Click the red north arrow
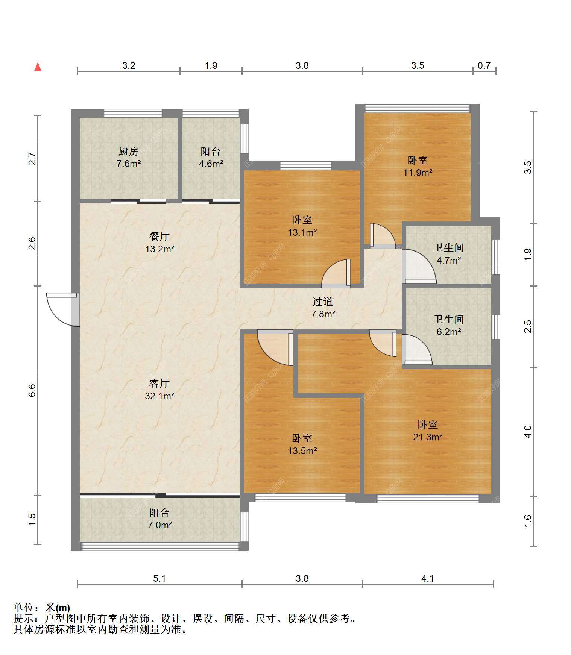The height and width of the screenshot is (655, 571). pos(38,67)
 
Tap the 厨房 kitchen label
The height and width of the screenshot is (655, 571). pos(128,152)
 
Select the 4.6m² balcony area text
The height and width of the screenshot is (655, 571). pos(211,164)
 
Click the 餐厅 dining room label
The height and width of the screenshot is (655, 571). pos(159,237)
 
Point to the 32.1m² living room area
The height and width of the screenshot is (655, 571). pos(159,396)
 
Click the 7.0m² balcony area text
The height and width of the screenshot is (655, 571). pos(160,525)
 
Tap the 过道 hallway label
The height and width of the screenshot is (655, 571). pos(323,302)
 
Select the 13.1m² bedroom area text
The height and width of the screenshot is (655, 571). pos(302,232)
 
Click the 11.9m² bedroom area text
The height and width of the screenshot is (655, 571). pos(418,173)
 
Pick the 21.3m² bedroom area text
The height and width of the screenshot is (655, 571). pos(428,437)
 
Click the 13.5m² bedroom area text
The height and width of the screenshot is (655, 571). pos(302,450)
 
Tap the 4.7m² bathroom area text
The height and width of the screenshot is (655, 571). pos(449,260)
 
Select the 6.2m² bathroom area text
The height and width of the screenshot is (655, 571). pos(449,332)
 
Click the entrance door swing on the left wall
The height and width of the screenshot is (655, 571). pos(63,309)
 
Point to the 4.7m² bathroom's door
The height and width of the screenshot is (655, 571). pos(419,266)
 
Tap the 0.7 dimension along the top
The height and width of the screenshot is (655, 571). pos(484,66)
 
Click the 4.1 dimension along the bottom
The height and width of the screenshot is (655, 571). pos(428,578)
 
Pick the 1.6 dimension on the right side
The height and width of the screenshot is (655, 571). pos(528,521)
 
